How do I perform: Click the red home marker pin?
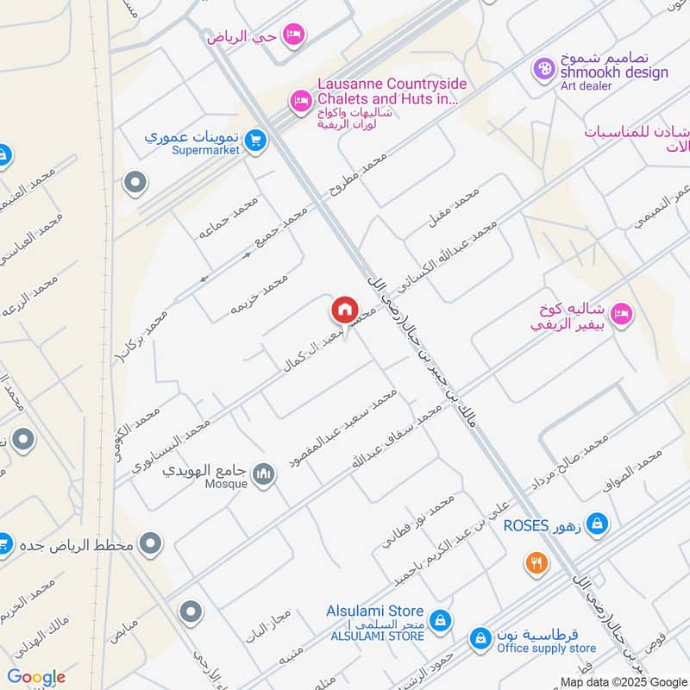[345, 310]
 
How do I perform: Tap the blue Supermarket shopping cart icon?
[254, 140]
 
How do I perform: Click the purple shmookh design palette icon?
[543, 67]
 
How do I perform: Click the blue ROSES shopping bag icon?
[597, 523]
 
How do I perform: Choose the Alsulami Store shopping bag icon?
[440, 620]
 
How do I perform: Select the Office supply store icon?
[480, 639]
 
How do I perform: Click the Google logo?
[36, 678]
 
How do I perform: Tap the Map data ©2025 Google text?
[623, 681]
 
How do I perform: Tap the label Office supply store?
[547, 648]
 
